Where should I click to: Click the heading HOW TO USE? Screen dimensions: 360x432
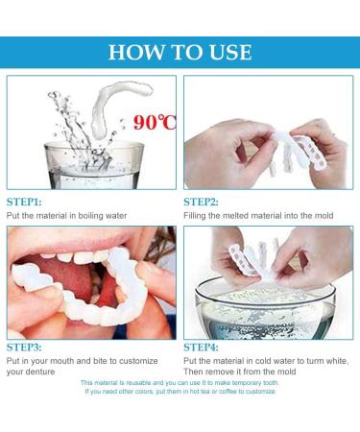tap(180, 52)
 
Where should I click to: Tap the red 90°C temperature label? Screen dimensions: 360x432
tap(155, 122)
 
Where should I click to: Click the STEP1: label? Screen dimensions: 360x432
tap(24, 203)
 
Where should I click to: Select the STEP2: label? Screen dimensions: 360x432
tap(201, 203)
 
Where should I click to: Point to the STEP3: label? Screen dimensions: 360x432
tap(24, 348)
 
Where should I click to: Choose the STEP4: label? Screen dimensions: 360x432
tap(201, 348)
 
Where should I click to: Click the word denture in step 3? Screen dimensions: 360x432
tap(41, 372)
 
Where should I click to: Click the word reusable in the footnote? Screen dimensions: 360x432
tap(138, 383)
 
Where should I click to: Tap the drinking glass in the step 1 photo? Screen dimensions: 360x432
tap(94, 165)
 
